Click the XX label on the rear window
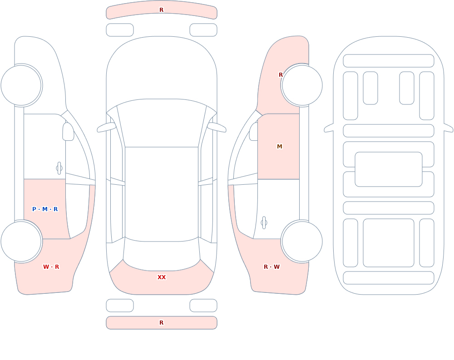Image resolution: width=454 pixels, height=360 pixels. [x=162, y=277]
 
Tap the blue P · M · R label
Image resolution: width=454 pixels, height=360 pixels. [x=45, y=209]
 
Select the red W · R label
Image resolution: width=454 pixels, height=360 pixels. [x=51, y=267]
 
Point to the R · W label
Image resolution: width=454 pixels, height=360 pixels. [x=271, y=267]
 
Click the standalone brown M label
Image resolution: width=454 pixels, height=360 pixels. [x=279, y=147]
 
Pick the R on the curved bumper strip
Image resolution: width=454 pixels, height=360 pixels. [x=162, y=10]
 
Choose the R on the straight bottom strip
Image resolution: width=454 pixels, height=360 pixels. [x=162, y=323]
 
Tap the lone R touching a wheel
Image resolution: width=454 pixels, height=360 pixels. [x=281, y=75]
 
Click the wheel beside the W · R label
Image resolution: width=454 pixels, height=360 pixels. [x=21, y=241]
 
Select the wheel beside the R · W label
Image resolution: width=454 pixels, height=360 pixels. [x=302, y=241]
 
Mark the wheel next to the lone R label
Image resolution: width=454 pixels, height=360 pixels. [x=302, y=85]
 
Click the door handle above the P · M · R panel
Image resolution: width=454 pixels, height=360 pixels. [x=59, y=168]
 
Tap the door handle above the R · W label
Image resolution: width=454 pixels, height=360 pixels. [x=264, y=223]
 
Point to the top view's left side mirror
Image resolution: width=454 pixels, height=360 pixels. [x=106, y=127]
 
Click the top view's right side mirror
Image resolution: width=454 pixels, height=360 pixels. [x=217, y=127]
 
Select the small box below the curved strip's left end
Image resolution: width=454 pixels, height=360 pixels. [x=120, y=30]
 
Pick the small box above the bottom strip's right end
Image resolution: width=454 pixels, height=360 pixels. [x=203, y=305]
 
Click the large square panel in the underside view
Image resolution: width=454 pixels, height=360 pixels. [x=389, y=243]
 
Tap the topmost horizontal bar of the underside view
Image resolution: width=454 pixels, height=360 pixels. [x=389, y=60]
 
